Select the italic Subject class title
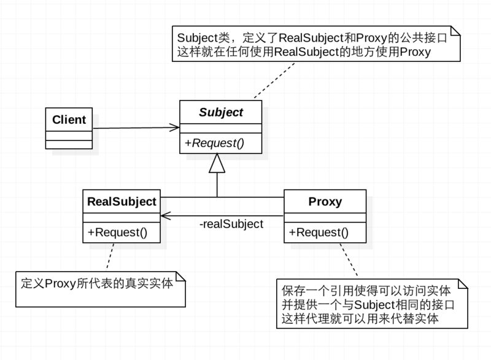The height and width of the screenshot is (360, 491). tap(220, 113)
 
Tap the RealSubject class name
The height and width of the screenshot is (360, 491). tap(122, 201)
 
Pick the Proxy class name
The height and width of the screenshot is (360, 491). tap(325, 201)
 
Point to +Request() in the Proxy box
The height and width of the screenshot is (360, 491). tap(319, 232)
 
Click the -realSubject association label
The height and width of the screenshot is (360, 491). tap(231, 224)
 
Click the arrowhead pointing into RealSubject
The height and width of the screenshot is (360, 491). tap(165, 215)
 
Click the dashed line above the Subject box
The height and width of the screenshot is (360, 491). tap(270, 80)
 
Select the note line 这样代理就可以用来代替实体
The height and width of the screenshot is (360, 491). tap(359, 319)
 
